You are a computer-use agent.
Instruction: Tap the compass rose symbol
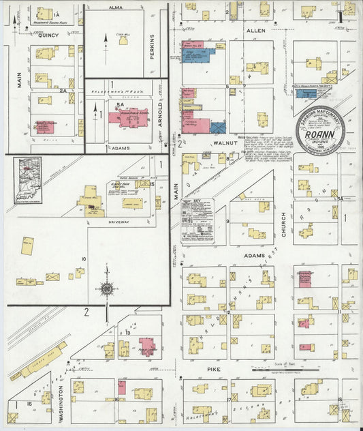point(107,289)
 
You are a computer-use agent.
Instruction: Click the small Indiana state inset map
point(28,180)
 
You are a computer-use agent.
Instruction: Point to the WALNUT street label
point(224,145)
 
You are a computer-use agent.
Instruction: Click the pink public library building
point(146,346)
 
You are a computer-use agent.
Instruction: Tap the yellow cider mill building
point(123,40)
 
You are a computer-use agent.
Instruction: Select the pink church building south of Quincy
point(44,126)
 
